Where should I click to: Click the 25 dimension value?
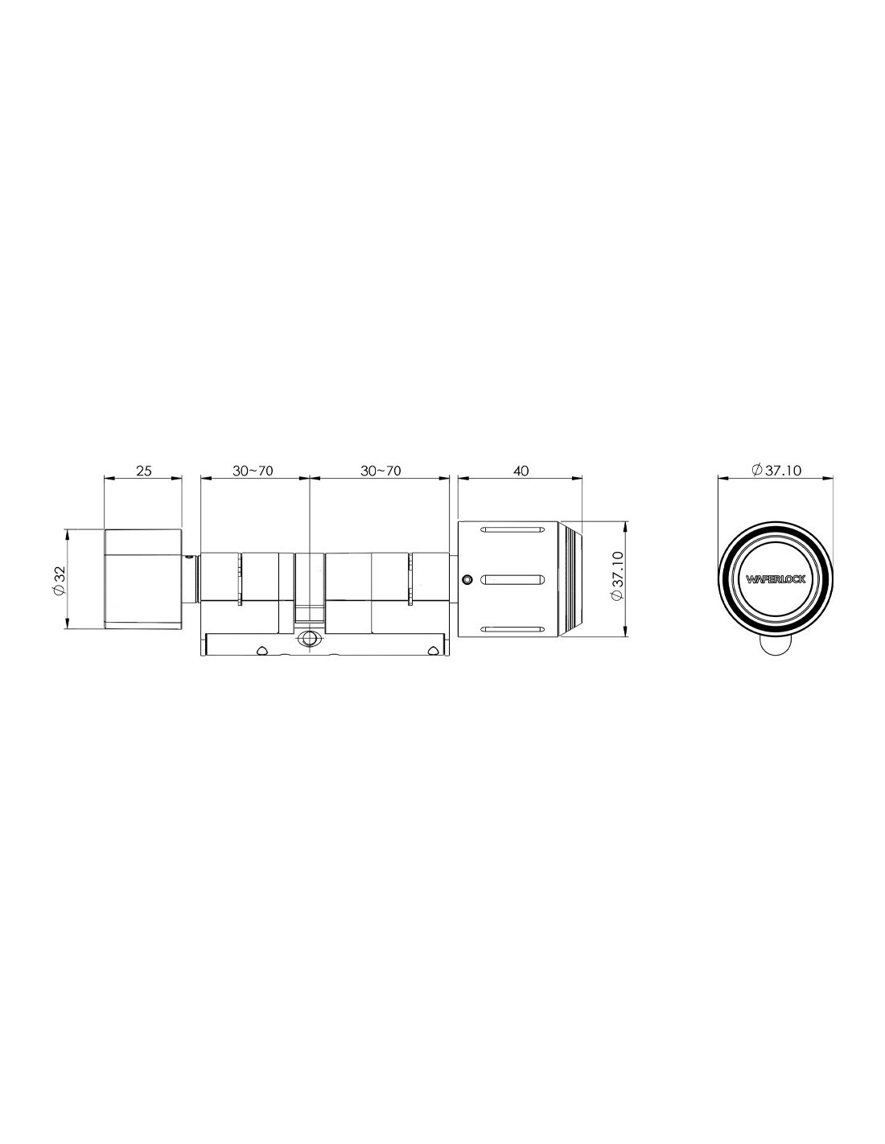[144, 471]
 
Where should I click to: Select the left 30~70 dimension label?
[253, 471]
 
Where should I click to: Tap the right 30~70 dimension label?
[380, 471]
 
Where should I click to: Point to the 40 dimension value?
[521, 471]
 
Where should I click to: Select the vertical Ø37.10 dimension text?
[618, 575]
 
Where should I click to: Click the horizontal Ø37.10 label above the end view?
[776, 470]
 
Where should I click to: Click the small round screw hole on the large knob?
[465, 579]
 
